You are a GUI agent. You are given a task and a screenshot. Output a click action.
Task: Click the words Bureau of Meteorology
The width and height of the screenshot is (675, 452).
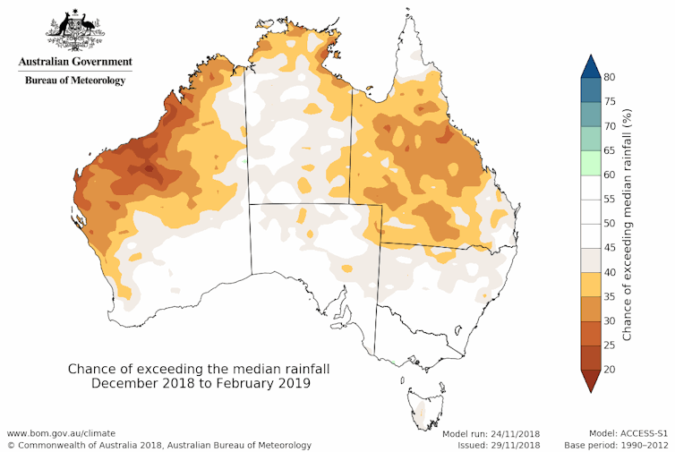tap(75, 80)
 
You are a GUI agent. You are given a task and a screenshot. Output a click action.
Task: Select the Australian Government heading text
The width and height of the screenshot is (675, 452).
tap(75, 63)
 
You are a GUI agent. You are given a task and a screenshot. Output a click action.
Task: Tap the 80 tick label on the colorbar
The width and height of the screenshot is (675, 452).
tap(608, 77)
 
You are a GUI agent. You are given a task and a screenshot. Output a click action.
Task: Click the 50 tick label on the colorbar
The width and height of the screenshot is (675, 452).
tap(608, 224)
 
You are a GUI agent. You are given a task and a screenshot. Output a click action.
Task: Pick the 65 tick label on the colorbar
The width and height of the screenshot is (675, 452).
tap(608, 150)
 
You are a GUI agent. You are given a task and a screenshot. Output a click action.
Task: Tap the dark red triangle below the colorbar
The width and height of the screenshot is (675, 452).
tap(587, 381)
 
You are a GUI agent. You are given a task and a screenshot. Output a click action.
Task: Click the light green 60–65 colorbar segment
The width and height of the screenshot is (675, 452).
tap(587, 162)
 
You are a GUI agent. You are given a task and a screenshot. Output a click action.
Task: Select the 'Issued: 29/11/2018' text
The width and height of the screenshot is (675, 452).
tap(493, 445)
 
